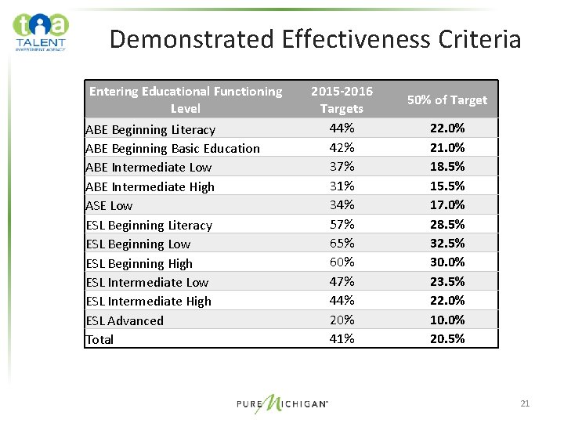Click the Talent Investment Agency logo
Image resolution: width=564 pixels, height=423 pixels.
point(41,31)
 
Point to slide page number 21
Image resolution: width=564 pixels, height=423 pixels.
point(525,403)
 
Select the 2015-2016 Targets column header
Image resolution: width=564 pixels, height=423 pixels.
point(342,99)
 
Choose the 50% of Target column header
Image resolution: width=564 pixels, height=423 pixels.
point(447,99)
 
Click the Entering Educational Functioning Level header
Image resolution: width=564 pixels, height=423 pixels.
point(186,99)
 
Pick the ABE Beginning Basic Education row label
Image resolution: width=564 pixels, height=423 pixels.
point(172,148)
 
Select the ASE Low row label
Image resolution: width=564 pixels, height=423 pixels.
point(109,205)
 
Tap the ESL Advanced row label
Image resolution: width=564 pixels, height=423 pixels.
point(125,320)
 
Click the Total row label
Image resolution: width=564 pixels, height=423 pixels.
point(99,339)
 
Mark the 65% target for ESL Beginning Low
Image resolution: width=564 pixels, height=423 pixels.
point(342,243)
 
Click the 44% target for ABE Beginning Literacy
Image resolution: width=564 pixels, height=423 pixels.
point(342,128)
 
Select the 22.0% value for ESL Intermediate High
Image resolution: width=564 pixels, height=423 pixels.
point(447,300)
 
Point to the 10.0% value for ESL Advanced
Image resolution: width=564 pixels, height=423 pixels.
point(447,320)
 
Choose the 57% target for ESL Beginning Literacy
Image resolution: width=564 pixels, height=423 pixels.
point(342,224)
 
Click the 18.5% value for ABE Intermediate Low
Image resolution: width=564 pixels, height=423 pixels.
point(447,166)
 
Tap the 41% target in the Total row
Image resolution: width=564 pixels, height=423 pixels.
point(342,338)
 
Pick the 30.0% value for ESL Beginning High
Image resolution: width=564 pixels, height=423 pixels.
point(447,262)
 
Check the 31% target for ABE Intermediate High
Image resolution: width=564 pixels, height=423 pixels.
point(342,186)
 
